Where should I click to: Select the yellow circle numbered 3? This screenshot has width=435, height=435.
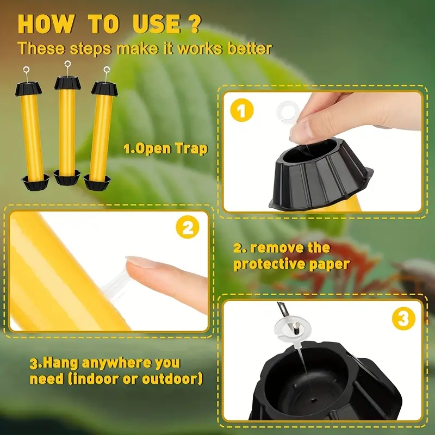pyautogui.click(x=403, y=319)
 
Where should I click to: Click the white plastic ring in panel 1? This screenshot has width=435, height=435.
pyautogui.click(x=285, y=111)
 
